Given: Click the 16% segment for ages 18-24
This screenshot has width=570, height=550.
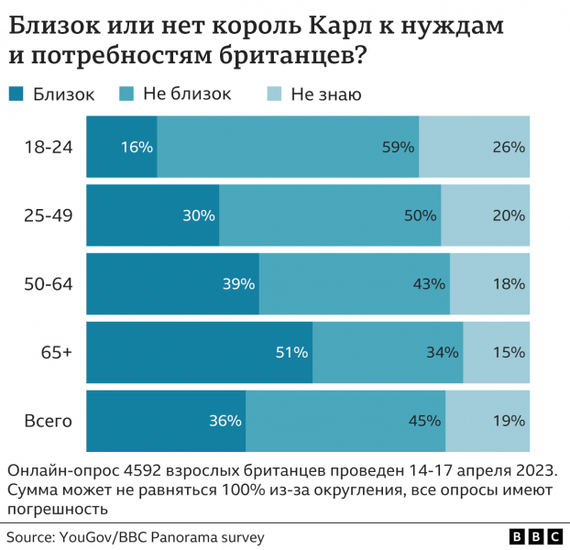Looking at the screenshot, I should tap(122, 147).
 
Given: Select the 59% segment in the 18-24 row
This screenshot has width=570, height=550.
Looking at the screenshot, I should tap(288, 147).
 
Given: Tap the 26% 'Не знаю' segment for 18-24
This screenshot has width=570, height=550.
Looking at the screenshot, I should tap(475, 147).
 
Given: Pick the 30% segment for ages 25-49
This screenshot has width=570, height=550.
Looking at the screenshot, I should tap(153, 215).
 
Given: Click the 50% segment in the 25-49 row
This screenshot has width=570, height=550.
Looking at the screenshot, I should tap(330, 215).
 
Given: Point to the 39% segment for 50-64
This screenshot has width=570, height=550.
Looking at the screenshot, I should tap(173, 284).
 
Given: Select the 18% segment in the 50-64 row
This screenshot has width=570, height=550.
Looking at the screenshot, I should tap(489, 284).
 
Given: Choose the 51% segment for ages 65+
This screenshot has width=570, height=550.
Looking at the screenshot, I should tap(200, 352).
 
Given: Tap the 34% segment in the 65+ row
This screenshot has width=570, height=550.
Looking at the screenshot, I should tap(388, 352).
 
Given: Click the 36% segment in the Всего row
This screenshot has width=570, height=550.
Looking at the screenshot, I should tap(166, 421).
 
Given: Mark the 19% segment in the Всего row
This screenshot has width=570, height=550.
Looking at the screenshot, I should tap(488, 421).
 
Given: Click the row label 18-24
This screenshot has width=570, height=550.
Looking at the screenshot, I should tap(48, 147).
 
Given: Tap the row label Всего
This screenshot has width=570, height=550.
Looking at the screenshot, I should tap(48, 421).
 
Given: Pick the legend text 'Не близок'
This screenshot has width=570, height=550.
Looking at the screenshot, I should tap(187, 93).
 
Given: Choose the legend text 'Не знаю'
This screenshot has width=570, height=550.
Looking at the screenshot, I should tap(325, 93).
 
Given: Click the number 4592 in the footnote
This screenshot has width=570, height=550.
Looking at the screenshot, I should tap(137, 469).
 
